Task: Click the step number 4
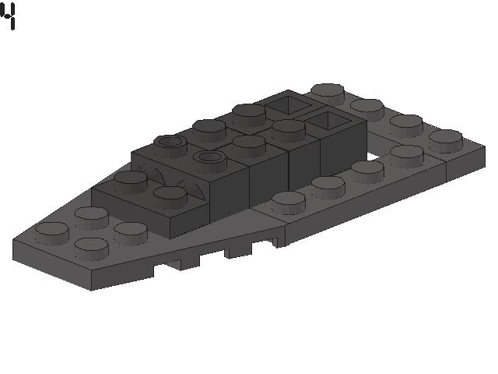coord(8,16)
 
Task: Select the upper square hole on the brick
coord(289,104)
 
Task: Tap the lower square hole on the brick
coord(329,120)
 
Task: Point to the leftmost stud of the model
coord(52,233)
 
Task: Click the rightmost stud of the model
coord(446,140)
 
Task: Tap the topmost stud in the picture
coord(328,93)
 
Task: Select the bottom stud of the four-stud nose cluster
coord(92,249)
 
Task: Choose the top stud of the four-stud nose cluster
coord(92,218)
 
